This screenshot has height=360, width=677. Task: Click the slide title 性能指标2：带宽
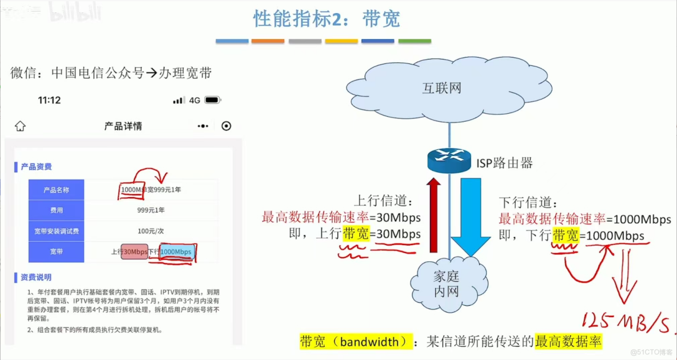326,19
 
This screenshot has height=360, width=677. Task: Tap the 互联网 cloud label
441,88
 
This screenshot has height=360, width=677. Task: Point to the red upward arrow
435,214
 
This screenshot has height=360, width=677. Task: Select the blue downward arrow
470,216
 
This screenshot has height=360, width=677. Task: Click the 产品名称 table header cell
56,190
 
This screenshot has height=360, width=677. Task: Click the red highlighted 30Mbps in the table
135,252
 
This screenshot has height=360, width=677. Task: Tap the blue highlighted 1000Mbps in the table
176,252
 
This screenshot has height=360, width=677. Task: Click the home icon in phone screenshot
21,126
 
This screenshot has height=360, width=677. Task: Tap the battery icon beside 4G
213,100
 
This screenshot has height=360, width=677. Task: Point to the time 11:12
49,101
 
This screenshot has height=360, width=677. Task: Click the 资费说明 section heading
36,277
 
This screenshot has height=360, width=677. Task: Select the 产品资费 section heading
36,167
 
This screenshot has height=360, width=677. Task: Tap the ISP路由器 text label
504,163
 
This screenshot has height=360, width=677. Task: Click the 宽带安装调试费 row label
56,231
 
